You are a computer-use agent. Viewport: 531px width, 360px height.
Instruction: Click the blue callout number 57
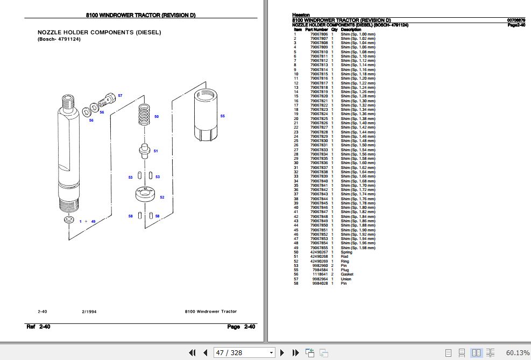click(120, 95)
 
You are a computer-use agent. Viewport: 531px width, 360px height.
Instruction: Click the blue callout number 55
click(222, 116)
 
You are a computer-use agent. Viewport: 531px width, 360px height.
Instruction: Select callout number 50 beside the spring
click(157, 116)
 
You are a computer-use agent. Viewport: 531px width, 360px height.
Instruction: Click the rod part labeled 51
click(144, 151)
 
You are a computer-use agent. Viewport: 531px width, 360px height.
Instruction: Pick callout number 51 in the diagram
click(156, 151)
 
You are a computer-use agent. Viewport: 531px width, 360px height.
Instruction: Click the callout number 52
click(162, 197)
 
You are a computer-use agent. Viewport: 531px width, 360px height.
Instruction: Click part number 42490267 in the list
click(319, 252)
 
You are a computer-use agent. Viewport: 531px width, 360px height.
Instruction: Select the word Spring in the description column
click(346, 252)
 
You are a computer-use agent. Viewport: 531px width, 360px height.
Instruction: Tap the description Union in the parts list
click(346, 279)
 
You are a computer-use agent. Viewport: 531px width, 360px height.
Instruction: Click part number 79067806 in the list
click(319, 34)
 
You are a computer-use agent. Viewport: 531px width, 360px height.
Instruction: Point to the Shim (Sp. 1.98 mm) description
click(358, 248)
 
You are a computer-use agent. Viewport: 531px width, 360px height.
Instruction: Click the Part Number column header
click(316, 30)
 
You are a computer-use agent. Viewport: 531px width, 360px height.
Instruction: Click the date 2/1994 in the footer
click(89, 312)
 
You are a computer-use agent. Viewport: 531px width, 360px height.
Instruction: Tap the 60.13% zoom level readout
click(518, 352)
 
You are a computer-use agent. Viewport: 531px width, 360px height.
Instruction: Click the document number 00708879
click(516, 20)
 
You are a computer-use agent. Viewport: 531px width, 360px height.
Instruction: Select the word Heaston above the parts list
click(301, 15)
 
